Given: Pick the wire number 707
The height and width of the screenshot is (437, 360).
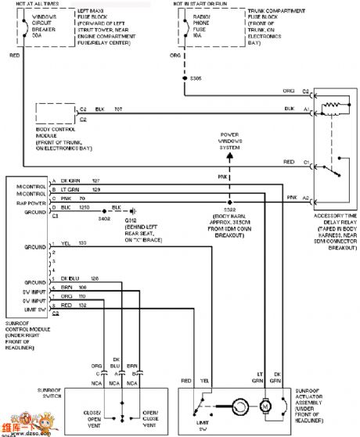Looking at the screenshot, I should tap(119, 109).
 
